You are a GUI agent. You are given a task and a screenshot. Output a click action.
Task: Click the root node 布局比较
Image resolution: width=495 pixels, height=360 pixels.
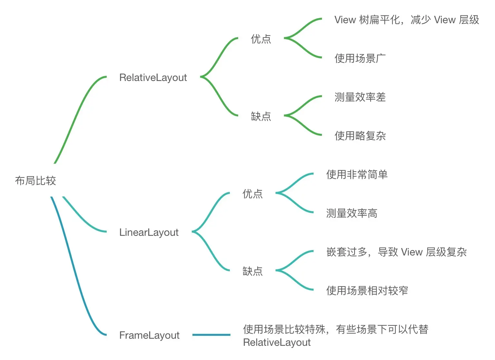click(35, 181)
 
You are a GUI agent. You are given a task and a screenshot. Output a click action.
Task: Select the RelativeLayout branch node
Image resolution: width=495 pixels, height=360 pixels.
click(153, 78)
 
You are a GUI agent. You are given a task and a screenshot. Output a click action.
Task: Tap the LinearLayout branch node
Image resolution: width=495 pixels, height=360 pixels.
click(149, 233)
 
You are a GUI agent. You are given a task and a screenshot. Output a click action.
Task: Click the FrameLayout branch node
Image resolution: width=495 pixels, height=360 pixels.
click(149, 335)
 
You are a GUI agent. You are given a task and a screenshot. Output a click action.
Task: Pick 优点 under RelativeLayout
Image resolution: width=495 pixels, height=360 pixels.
click(261, 39)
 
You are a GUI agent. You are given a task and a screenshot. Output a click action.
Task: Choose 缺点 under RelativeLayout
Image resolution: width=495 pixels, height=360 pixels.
click(261, 116)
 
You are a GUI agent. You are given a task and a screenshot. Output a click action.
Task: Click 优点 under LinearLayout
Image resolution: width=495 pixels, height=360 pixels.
click(252, 194)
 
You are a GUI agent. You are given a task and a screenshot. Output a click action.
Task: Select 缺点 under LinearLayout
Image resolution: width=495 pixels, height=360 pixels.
click(252, 271)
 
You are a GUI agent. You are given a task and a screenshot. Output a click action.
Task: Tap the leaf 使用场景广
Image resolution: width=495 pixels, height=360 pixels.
click(360, 58)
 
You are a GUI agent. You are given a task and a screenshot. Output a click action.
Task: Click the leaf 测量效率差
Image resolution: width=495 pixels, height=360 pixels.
click(360, 97)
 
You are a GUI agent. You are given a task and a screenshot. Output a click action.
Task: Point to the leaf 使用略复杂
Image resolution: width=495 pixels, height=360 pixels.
click(360, 136)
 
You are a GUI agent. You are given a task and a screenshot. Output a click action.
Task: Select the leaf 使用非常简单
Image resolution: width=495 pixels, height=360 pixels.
click(356, 175)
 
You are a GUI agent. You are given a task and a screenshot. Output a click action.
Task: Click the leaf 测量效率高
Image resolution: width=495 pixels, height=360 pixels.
click(351, 213)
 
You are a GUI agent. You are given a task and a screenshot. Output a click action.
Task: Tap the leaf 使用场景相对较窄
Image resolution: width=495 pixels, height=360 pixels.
click(367, 291)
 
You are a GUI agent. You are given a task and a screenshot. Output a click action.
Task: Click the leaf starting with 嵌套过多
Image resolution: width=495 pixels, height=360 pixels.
click(396, 252)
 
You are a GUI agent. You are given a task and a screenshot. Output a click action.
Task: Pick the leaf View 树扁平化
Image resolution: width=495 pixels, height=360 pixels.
click(406, 20)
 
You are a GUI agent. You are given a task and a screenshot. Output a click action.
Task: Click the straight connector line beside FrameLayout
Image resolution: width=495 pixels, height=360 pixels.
click(211, 335)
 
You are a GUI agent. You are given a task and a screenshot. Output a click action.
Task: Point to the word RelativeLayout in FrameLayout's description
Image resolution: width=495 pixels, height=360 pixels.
click(277, 343)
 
